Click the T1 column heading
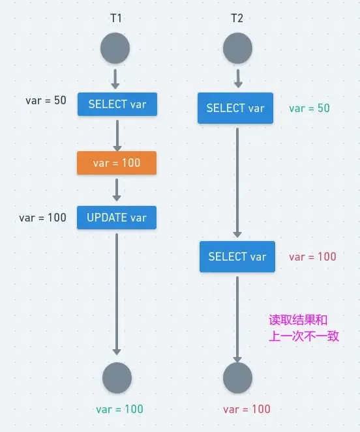click(116, 18)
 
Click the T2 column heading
click(237, 18)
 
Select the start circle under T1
click(115, 49)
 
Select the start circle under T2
click(237, 49)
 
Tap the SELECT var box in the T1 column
click(117, 104)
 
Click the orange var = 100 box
click(117, 163)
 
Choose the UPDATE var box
click(117, 218)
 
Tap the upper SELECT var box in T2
click(235, 108)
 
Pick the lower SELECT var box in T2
click(237, 257)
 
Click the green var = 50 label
click(309, 108)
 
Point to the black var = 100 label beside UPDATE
click(42, 218)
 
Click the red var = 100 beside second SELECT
click(312, 257)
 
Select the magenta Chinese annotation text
click(304, 328)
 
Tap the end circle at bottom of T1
click(117, 378)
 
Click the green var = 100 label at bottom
click(119, 409)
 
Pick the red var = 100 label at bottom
click(247, 409)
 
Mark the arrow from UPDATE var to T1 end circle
click(117, 293)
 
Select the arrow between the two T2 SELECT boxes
click(237, 182)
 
